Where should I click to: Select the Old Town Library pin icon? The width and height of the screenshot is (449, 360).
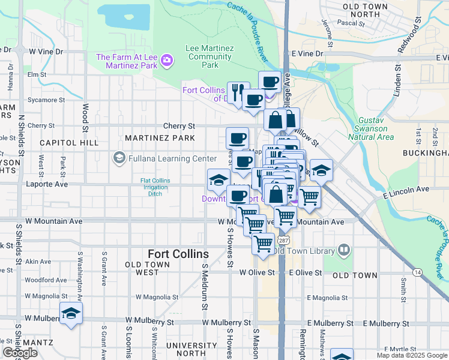(345, 250)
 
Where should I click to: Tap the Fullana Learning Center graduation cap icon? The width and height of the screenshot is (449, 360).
(119, 159)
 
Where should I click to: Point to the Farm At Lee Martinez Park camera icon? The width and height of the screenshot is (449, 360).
(166, 60)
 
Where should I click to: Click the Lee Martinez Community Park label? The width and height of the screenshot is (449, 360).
(209, 57)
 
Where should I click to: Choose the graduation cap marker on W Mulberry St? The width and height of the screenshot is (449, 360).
(71, 314)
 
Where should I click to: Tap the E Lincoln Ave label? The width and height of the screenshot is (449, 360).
(406, 190)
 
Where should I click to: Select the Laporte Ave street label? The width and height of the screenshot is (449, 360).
(46, 184)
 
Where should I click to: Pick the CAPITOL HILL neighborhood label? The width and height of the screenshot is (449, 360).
(69, 143)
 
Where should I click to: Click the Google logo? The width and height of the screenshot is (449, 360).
(20, 353)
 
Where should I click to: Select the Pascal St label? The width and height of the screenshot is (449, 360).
(351, 24)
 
